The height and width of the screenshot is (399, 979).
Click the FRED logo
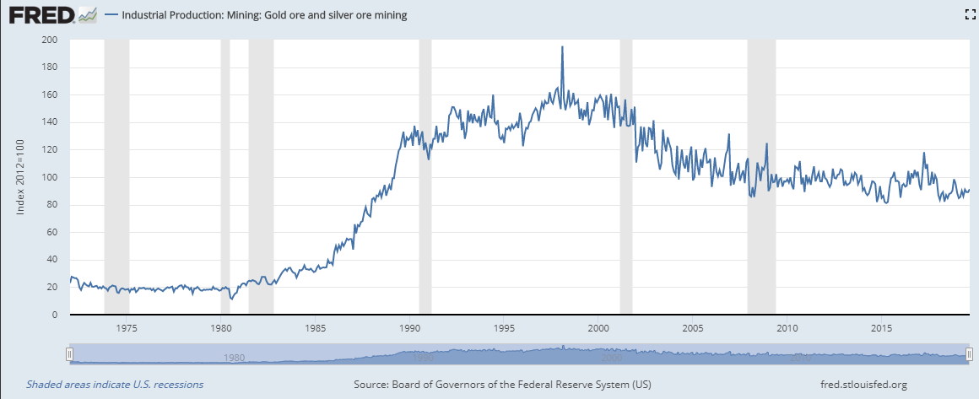(x=49, y=14)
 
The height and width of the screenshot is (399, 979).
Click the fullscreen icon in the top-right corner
(x=970, y=14)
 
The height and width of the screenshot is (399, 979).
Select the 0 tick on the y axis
(x=55, y=315)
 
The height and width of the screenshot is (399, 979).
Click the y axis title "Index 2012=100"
(x=22, y=178)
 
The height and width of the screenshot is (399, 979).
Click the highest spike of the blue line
(x=562, y=47)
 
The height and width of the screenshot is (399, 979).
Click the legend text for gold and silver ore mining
(x=264, y=15)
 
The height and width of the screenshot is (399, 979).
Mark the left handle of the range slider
(x=70, y=354)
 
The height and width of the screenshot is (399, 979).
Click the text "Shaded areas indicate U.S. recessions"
(x=115, y=385)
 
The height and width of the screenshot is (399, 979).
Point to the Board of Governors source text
(x=501, y=385)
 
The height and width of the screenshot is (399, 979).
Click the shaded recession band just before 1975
(x=116, y=177)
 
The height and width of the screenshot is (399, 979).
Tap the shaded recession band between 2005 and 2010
(x=761, y=177)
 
